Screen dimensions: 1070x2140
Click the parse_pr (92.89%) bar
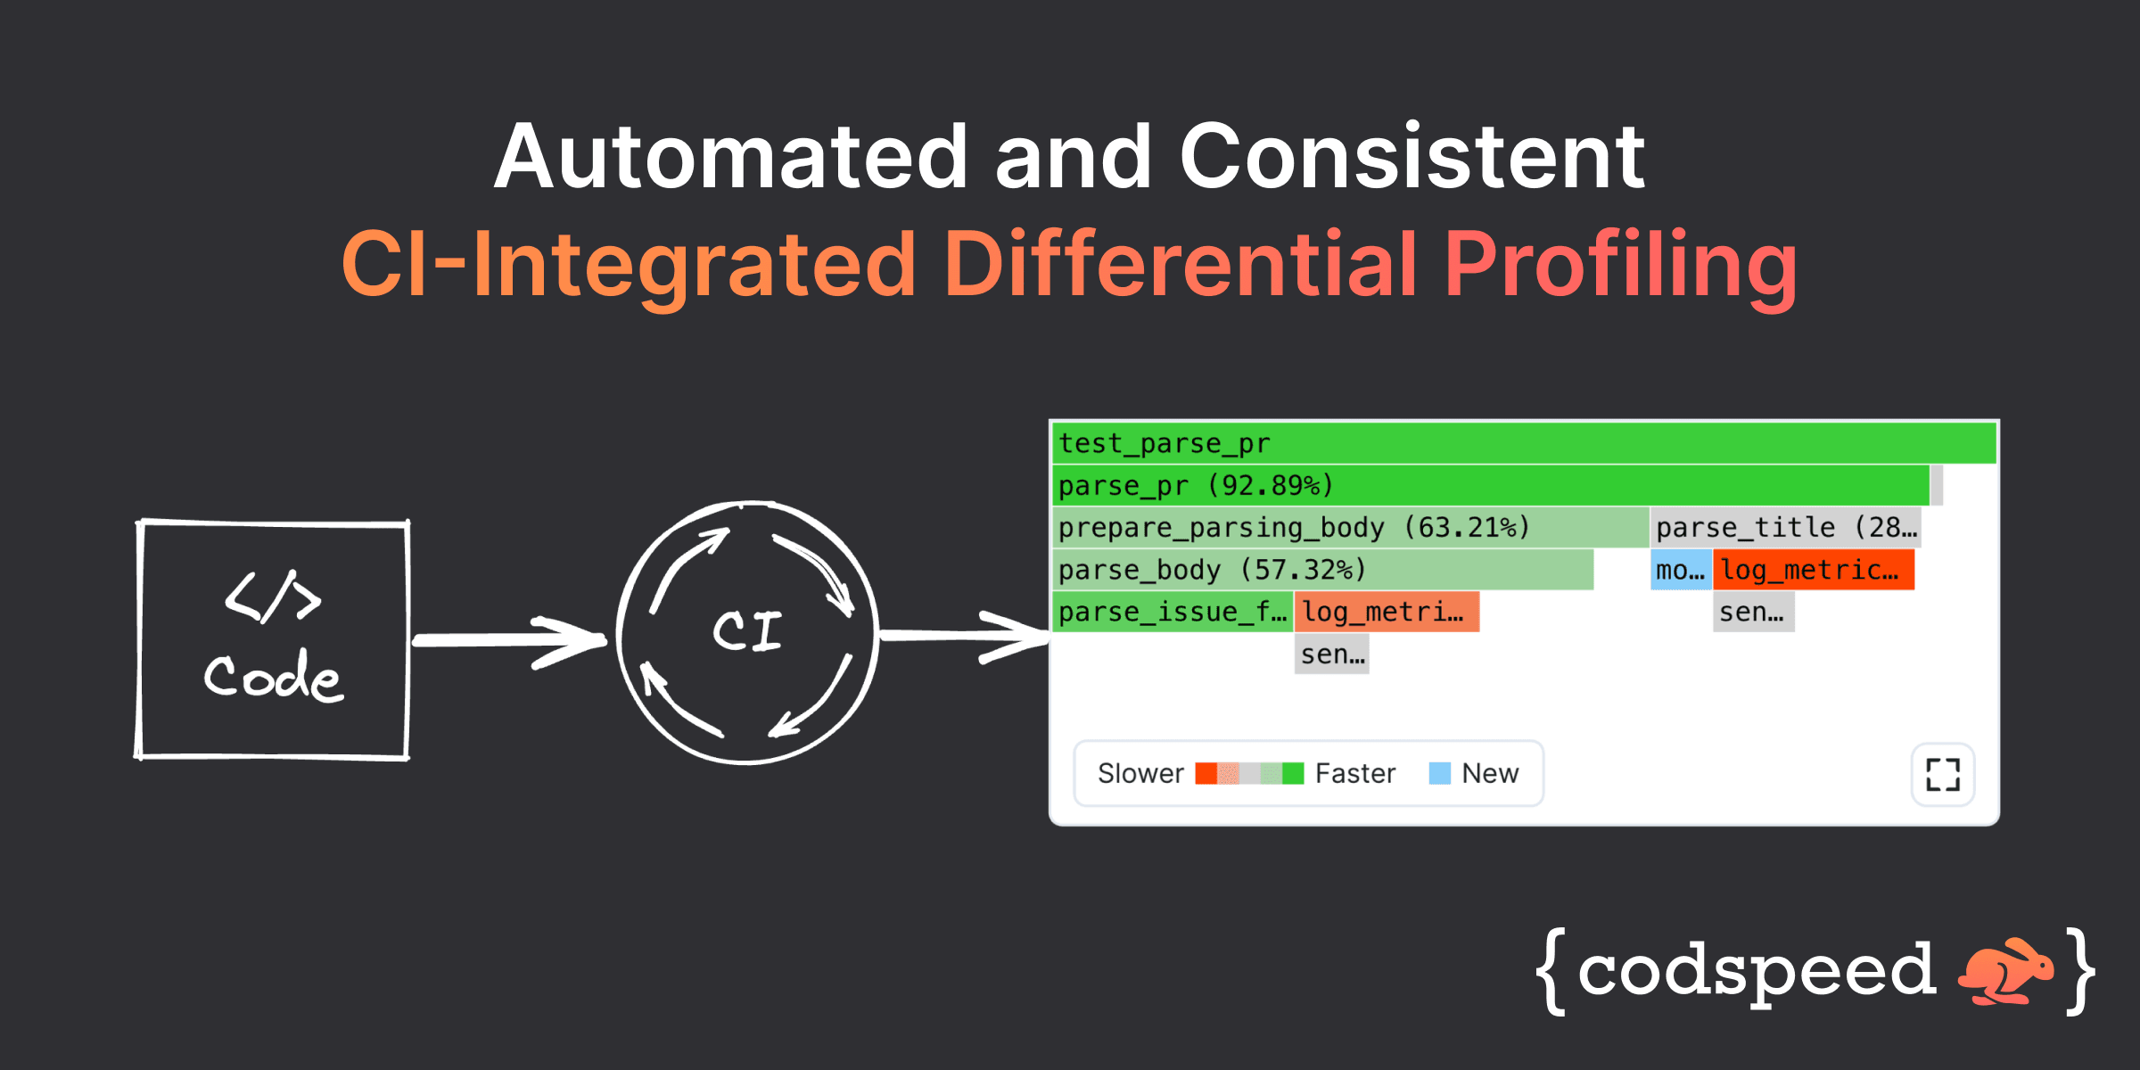1489,485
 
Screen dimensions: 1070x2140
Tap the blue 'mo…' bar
1680,570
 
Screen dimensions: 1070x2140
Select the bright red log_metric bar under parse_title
1813,570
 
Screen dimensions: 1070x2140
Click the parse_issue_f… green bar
1173,612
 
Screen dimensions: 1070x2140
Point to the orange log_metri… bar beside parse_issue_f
1387,612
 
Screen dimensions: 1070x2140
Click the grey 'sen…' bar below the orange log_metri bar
1331,654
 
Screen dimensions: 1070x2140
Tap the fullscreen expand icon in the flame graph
1942,774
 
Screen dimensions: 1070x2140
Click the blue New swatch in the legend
1439,773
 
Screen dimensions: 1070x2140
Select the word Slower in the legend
1140,773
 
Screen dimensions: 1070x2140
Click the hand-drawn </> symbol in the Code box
272,597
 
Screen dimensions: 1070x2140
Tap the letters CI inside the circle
747,631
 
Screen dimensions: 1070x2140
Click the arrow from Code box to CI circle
508,640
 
